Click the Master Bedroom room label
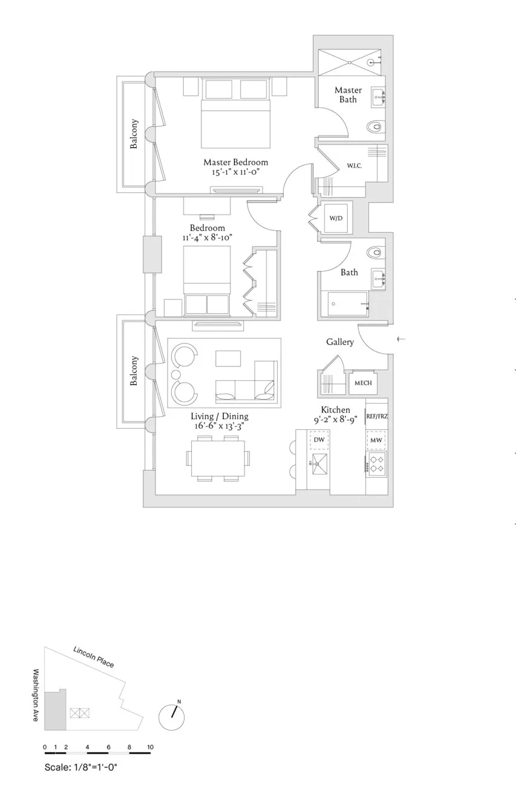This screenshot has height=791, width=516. (235, 162)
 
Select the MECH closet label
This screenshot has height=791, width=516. (363, 383)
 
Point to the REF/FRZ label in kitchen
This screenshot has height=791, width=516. (377, 417)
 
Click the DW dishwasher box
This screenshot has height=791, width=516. (319, 440)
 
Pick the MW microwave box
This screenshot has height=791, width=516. (376, 440)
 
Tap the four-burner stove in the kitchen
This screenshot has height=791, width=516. (377, 463)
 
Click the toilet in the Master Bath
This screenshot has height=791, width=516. (375, 127)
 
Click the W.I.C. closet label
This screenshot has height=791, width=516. (354, 166)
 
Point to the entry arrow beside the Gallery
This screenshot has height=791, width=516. (400, 339)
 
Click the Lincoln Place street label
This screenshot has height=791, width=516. (93, 656)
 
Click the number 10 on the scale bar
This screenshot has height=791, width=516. (150, 747)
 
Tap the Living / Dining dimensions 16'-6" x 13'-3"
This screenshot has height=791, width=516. (220, 426)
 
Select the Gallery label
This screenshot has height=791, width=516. (340, 342)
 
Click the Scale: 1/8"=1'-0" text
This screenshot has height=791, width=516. (80, 767)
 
